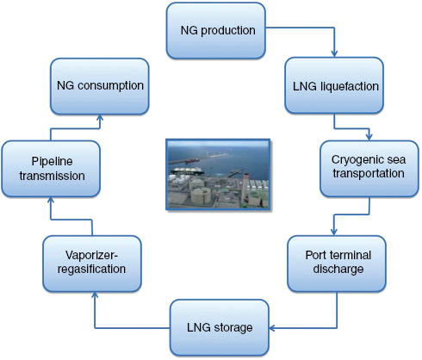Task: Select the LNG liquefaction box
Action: [x=331, y=86]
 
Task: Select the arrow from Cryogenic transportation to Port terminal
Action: [x=369, y=214]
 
